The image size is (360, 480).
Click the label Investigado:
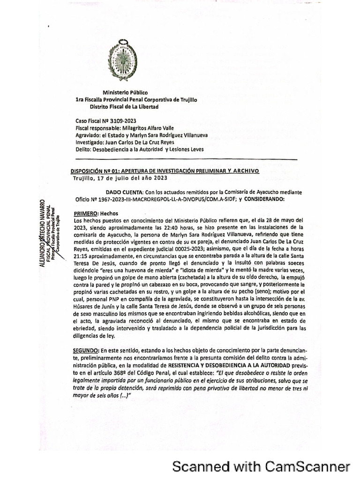(x=90, y=142)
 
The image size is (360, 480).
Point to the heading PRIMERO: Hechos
(x=94, y=213)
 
